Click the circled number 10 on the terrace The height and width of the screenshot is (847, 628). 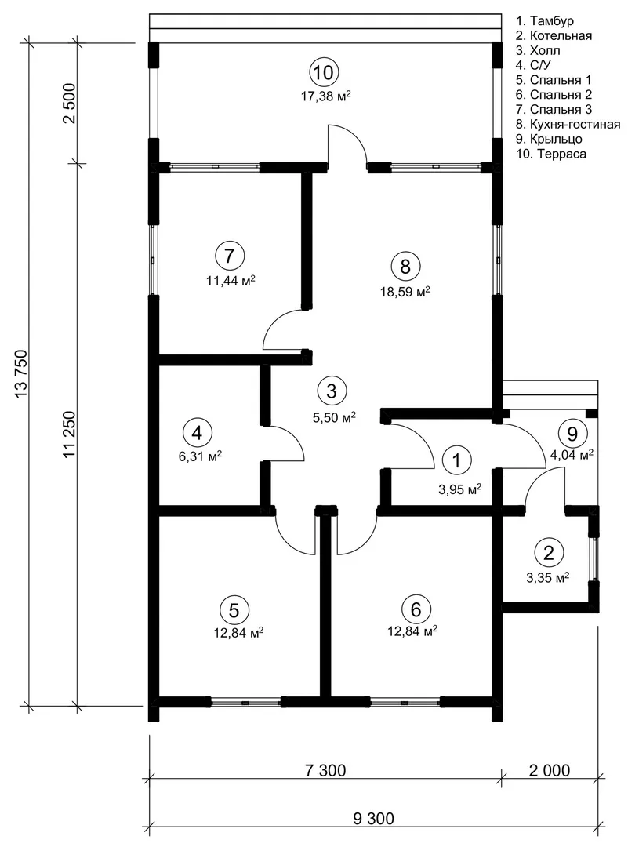point(324,72)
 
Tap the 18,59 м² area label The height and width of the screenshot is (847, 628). point(405,293)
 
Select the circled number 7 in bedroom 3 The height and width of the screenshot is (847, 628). point(230,255)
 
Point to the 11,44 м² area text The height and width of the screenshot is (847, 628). point(231,281)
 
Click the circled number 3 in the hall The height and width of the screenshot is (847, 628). point(332,391)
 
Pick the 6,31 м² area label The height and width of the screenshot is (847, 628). point(201,457)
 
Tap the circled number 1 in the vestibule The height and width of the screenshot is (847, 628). point(457,461)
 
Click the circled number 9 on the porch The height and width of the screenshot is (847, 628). point(572,434)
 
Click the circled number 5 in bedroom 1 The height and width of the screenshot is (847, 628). point(234,610)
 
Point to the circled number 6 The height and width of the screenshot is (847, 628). point(416,609)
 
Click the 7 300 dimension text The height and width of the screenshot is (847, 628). point(325,770)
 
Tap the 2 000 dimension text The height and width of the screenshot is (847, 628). point(549,770)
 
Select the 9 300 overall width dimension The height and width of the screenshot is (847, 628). point(374,818)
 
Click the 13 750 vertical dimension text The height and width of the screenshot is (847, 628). point(22,375)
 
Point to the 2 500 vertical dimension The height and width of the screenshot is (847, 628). point(71,104)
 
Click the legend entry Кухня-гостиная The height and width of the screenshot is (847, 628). point(568,124)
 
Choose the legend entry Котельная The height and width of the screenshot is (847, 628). point(554,35)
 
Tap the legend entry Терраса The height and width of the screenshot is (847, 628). point(551,154)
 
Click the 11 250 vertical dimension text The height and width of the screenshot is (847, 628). point(71,435)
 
